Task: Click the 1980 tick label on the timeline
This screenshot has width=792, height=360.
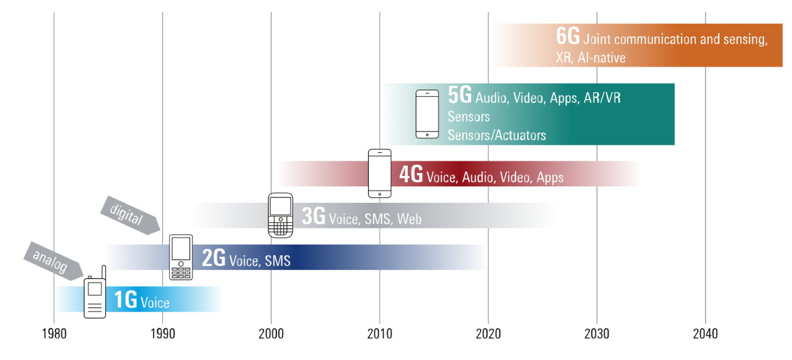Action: point(54,334)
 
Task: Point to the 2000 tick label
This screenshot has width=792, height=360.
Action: point(271,334)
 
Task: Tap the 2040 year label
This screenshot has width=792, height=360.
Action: point(705,334)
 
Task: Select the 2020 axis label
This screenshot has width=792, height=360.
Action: point(488,334)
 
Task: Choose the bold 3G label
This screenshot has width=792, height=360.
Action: point(314,216)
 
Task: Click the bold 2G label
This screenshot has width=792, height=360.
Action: point(214,258)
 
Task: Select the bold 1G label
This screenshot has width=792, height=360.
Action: point(126,300)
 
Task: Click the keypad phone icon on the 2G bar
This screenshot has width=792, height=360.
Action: point(181,257)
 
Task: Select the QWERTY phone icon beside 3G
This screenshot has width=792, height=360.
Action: point(281,215)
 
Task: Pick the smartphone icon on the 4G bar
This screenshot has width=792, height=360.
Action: point(379,173)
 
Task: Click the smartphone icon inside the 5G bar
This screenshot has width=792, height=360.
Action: point(427,114)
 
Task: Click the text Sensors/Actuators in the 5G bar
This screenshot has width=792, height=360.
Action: point(497,135)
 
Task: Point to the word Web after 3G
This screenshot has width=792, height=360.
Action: point(409,219)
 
